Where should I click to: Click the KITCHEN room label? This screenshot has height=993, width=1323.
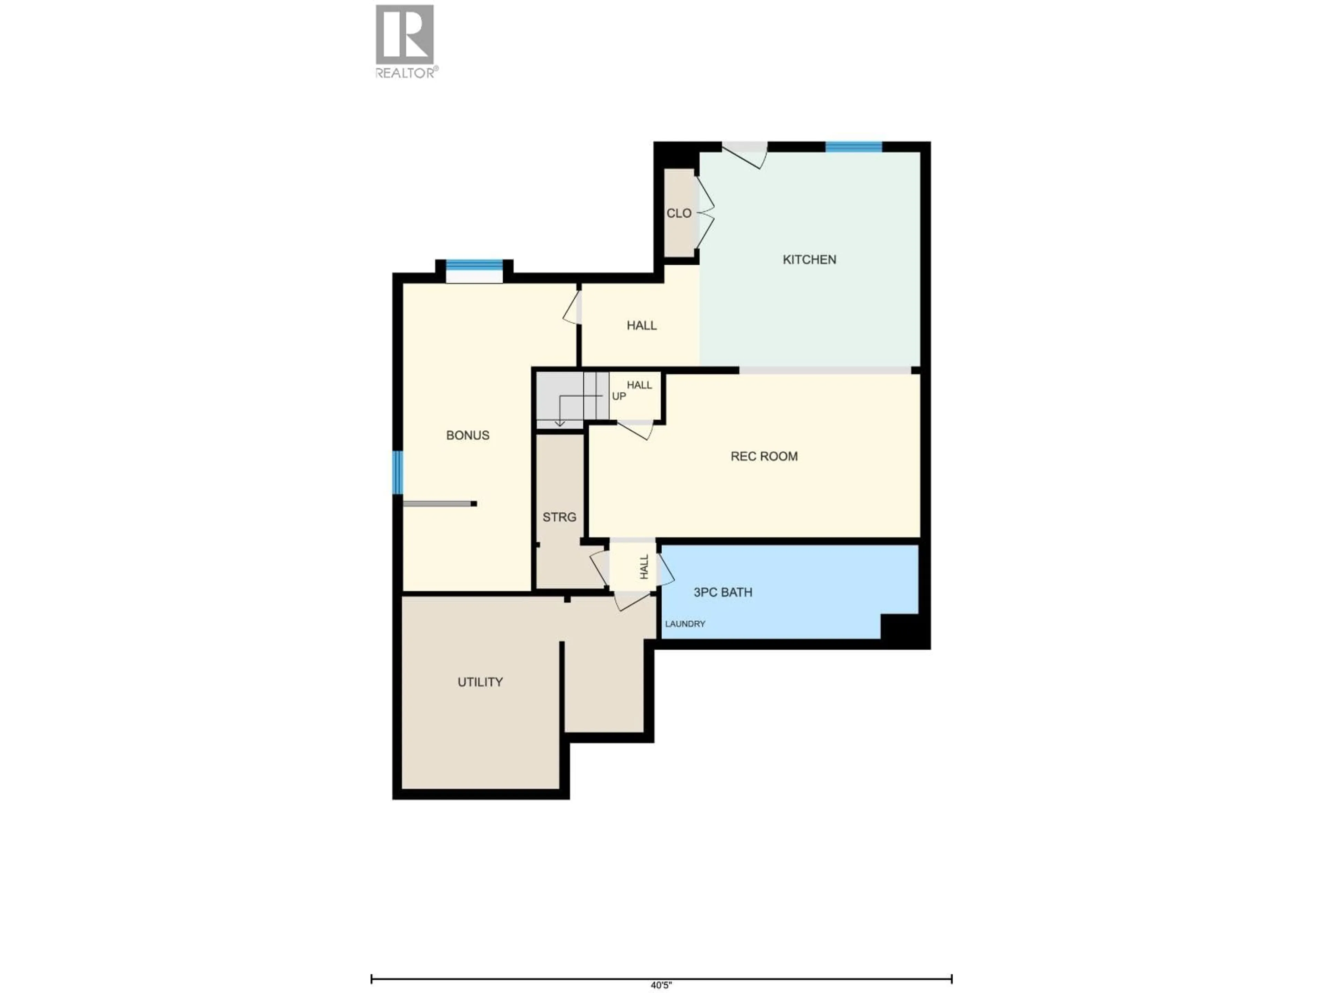coord(809,260)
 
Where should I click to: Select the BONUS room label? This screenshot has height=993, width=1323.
coord(468,435)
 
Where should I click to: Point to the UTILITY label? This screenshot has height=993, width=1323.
coord(480,682)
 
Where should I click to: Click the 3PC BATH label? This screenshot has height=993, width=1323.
coord(722,593)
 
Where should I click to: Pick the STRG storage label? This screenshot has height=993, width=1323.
coord(559,517)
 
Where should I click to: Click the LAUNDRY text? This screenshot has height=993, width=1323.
coord(685,624)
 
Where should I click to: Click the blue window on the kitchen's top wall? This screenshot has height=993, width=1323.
coord(853,147)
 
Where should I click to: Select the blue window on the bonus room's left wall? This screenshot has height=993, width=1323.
coord(397,472)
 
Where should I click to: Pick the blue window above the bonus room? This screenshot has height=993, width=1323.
coord(474,265)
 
